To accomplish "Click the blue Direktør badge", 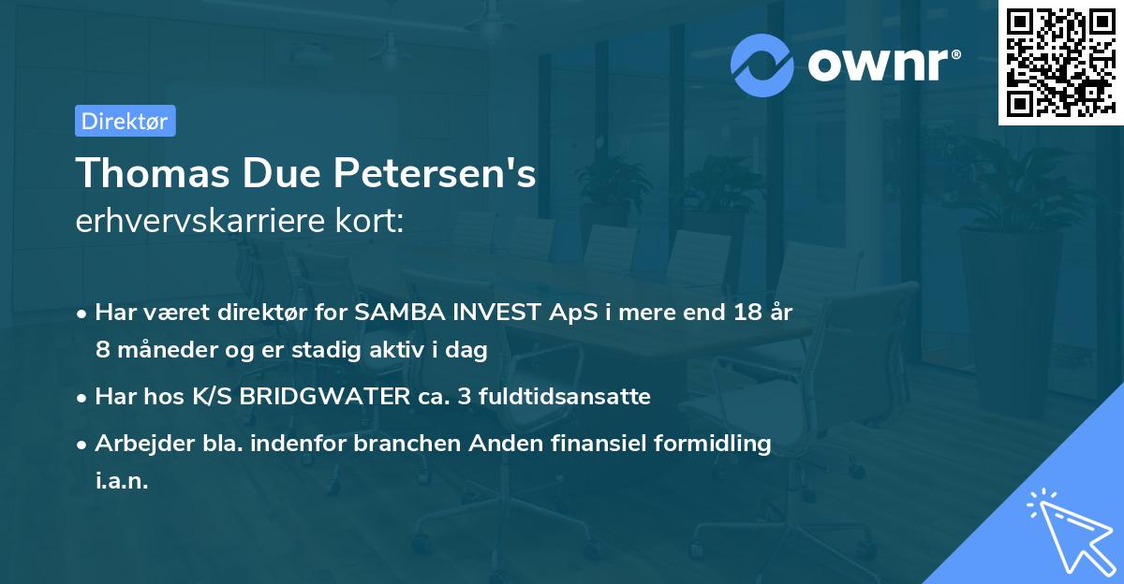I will point(125,121).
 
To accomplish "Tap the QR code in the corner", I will point(1058,62).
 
